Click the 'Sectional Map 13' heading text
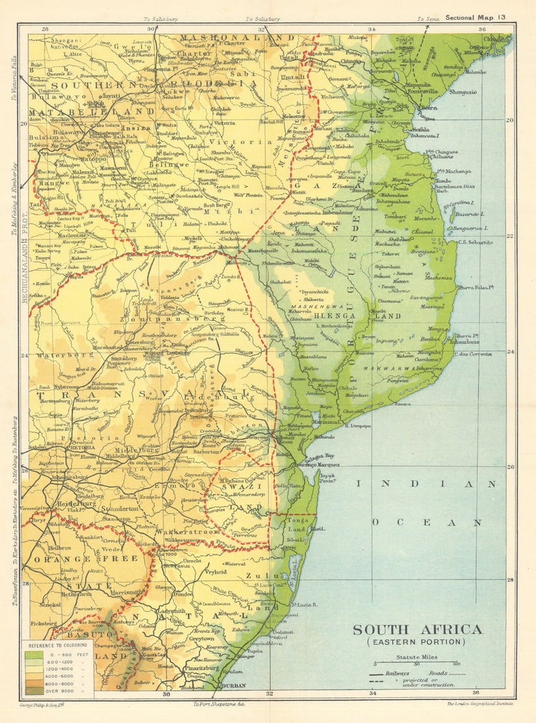pyautogui.click(x=476, y=17)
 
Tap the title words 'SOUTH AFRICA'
pyautogui.click(x=417, y=629)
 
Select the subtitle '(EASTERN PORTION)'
pyautogui.click(x=417, y=642)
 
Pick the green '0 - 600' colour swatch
pyautogui.click(x=33, y=654)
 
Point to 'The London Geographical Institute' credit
pyautogui.click(x=480, y=704)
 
